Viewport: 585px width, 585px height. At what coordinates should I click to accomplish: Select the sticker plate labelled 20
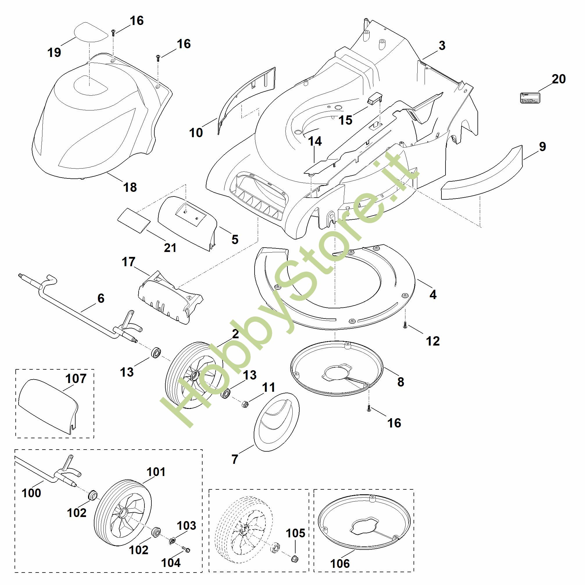[529, 98]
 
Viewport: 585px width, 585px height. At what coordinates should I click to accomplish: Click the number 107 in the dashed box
[76, 378]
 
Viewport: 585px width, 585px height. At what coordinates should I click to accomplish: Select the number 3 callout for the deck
[442, 46]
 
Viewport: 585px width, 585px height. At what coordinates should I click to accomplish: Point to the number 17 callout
[128, 262]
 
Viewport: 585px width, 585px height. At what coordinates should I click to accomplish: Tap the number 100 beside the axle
[31, 493]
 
